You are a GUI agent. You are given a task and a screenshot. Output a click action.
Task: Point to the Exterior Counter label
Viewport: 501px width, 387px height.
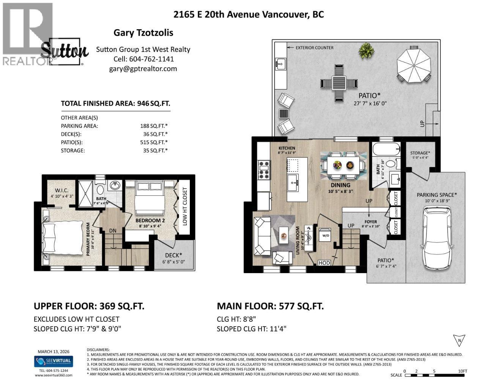[315, 47]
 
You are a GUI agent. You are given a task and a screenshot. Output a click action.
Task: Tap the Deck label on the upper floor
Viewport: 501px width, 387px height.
[173, 255]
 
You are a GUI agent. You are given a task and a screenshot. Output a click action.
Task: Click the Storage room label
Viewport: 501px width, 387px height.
[420, 153]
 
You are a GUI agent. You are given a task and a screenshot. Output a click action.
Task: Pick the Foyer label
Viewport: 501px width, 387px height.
[370, 222]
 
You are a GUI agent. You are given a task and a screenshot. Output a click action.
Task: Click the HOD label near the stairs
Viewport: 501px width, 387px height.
[324, 263]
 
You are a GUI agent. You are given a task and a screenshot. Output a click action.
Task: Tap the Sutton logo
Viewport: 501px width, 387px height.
[65, 51]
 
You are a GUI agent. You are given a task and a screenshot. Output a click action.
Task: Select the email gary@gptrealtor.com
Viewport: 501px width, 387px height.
[143, 69]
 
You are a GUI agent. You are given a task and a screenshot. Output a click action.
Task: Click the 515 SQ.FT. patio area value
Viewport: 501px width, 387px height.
[154, 142]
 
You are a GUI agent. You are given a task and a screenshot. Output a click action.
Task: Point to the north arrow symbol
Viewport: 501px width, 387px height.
[459, 340]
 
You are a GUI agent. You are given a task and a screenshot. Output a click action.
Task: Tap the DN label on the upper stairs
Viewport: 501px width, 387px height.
[113, 231]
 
